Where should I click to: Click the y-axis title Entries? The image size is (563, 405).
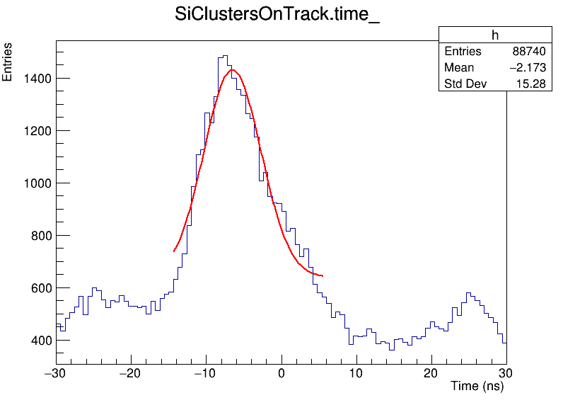pos(8,62)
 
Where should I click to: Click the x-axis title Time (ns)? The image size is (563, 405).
pos(477,387)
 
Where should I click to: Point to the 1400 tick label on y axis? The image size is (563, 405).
pos(34,78)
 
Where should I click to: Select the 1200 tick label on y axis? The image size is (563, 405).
pos(34,130)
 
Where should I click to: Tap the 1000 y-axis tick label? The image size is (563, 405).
pos(34,183)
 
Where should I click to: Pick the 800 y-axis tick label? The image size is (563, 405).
pos(37,235)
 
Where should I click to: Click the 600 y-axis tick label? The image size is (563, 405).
pos(37,287)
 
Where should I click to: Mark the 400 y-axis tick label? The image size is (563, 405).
pos(37,340)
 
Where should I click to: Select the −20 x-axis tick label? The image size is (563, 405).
pos(130,372)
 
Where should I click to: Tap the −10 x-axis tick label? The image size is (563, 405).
pos(205,372)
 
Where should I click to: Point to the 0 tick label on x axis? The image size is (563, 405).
pos(281,372)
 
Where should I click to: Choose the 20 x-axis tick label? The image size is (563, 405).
pos(431,372)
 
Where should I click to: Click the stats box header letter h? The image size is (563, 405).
pos(495,36)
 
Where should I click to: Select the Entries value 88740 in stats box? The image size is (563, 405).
pos(529,52)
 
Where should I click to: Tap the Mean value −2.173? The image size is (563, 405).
pos(526,68)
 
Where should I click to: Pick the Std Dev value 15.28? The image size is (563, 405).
pos(531,84)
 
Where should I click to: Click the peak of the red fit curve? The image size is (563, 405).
pos(232,69)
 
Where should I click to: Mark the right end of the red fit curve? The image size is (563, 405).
pos(323,275)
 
